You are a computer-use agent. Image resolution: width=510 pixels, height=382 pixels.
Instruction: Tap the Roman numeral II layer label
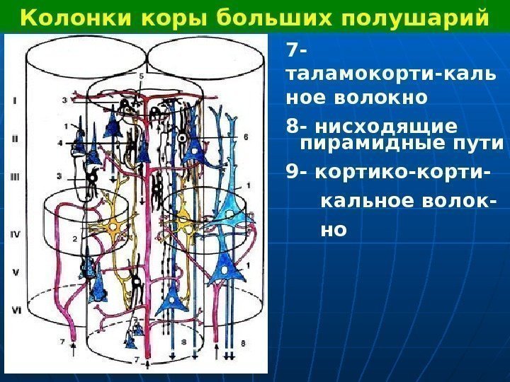(x=16, y=139)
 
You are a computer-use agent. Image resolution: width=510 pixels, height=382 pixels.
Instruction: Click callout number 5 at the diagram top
(x=141, y=76)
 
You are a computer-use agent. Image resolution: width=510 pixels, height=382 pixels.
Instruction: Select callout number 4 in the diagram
(x=60, y=143)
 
